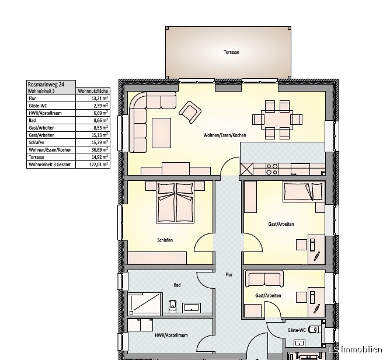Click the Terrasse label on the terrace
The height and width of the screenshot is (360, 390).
click(x=231, y=52)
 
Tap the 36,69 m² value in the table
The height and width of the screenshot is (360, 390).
click(x=100, y=150)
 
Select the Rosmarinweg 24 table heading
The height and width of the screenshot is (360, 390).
click(x=46, y=85)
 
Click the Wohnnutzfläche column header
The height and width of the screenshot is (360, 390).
click(x=93, y=91)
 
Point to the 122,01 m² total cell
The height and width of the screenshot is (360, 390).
click(x=99, y=165)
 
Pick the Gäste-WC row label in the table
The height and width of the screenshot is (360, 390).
click(x=38, y=106)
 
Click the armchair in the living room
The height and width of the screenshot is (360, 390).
click(x=190, y=112)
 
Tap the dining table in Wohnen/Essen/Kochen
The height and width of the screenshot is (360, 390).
click(x=277, y=120)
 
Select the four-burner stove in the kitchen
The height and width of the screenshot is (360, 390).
click(x=272, y=169)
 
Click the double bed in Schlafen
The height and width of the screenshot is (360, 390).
click(x=175, y=203)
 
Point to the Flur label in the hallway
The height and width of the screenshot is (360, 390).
click(x=229, y=274)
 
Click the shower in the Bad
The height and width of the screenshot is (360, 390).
click(x=145, y=304)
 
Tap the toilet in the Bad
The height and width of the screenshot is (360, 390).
click(x=172, y=306)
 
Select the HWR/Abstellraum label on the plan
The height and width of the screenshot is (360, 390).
click(x=172, y=335)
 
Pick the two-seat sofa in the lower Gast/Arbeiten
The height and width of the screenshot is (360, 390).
click(x=264, y=279)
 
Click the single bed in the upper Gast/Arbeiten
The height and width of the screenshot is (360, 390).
click(x=304, y=192)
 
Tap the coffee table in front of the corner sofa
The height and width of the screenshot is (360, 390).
click(x=161, y=133)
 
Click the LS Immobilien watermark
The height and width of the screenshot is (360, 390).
click(x=356, y=349)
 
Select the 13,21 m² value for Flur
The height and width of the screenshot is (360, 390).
click(x=100, y=98)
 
